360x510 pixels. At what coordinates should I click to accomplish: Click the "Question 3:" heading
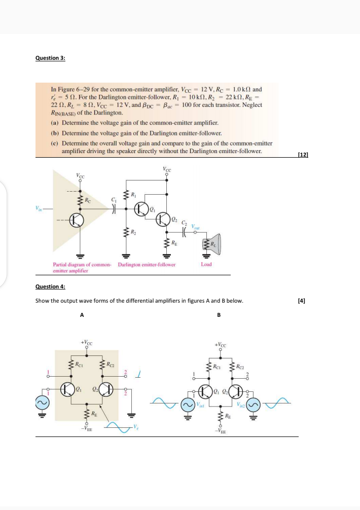tap(50, 58)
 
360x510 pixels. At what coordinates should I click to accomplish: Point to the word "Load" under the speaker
tap(206, 264)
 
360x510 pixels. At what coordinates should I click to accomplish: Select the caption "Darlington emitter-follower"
tap(147, 264)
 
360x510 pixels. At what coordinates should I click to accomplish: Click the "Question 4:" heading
tap(50, 286)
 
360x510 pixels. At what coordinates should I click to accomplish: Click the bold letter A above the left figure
tap(82, 315)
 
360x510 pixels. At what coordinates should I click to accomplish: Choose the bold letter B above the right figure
tap(219, 315)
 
